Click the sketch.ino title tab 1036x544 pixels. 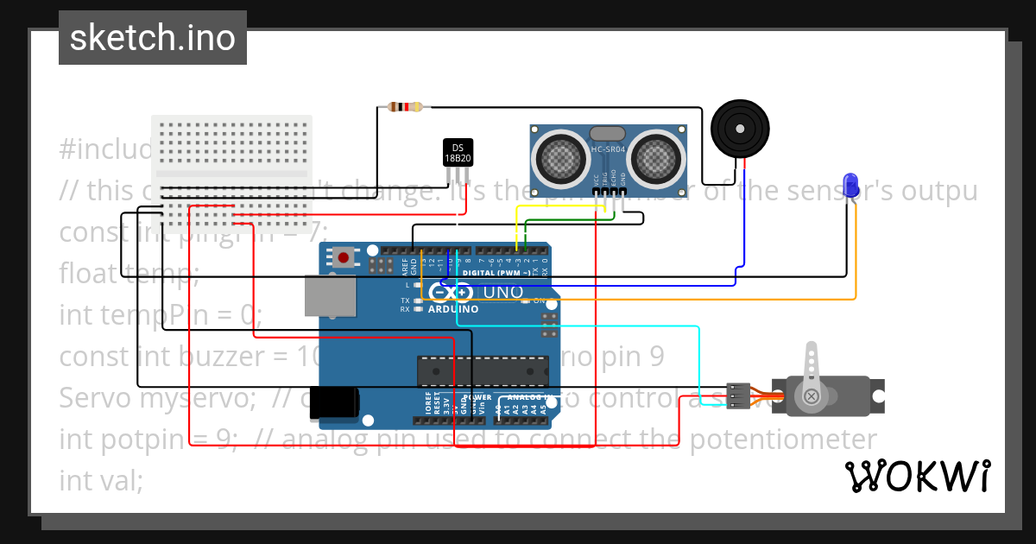point(152,38)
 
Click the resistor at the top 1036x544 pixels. point(405,107)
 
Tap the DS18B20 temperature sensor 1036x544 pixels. point(458,153)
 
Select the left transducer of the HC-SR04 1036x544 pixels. point(561,158)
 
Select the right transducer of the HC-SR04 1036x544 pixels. point(655,158)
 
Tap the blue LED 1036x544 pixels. point(850,185)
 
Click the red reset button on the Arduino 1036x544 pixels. point(345,256)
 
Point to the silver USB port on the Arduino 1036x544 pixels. point(330,295)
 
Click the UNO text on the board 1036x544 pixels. point(502,293)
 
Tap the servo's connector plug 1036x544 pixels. point(737,395)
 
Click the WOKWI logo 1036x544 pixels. point(917,476)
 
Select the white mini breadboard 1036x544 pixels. point(231,174)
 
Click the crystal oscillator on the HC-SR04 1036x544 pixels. point(608,134)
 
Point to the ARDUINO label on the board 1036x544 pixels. point(453,309)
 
